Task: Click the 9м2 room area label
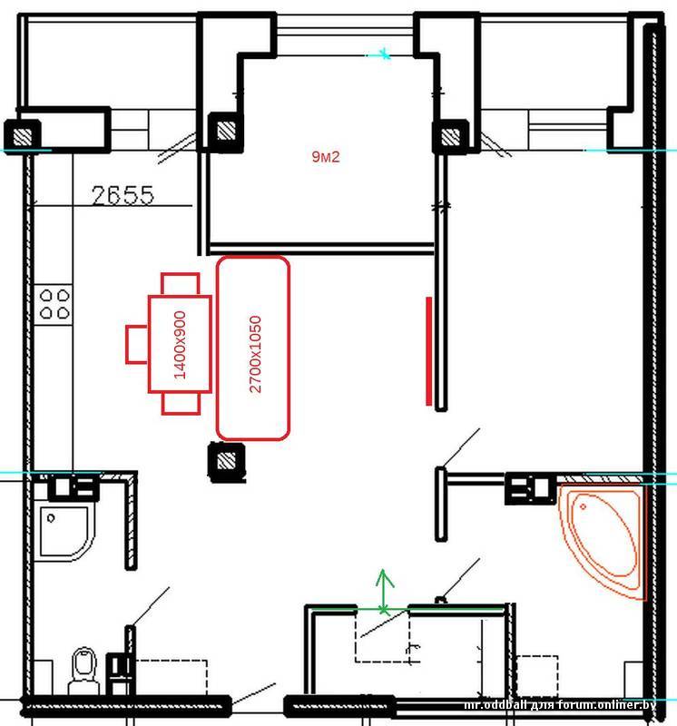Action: pos(326,157)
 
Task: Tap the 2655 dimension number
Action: pos(123,195)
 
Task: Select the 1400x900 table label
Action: pos(180,345)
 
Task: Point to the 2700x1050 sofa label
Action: pos(255,354)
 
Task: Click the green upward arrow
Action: pos(383,592)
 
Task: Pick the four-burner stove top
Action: pos(54,304)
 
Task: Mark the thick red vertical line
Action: pos(429,351)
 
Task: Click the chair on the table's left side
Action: pos(137,345)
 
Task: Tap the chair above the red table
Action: pos(181,284)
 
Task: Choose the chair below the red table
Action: pos(182,404)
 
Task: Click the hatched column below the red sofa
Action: pos(227,462)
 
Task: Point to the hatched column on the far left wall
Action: pos(22,136)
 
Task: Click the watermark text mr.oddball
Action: pos(495,705)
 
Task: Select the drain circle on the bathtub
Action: pos(583,506)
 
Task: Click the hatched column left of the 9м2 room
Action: pos(226,131)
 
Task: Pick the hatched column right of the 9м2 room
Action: pos(450,136)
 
